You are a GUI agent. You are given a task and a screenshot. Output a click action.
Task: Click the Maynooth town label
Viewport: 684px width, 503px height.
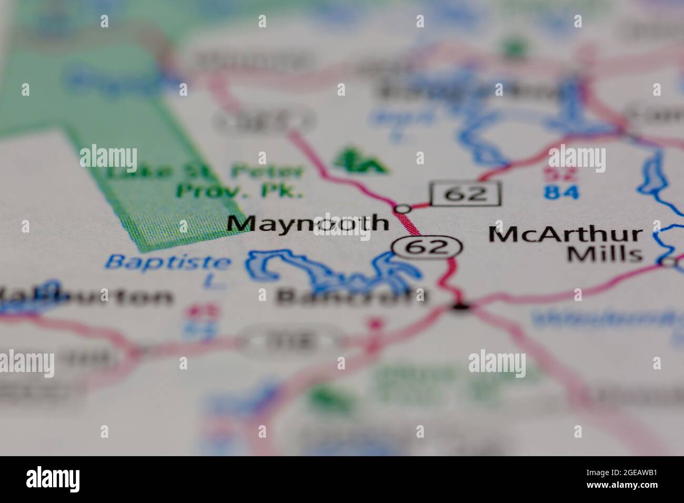(x=308, y=224)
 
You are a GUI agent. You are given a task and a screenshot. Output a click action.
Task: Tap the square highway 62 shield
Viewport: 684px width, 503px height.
(x=466, y=194)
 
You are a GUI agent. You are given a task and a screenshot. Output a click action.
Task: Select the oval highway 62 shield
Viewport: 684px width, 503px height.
(x=427, y=246)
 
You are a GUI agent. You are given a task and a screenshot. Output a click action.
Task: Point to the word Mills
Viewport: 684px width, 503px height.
(x=606, y=254)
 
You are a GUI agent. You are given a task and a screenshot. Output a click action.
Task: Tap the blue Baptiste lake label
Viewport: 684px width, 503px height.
(x=168, y=261)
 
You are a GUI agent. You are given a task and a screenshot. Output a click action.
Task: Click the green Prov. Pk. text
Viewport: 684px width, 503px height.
(x=239, y=190)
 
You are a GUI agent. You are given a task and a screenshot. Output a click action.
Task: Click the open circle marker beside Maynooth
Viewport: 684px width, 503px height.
(x=403, y=209)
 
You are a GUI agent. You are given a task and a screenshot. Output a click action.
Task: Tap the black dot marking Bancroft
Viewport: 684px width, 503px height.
(x=461, y=306)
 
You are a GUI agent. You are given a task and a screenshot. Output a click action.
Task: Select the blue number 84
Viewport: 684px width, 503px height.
(x=561, y=192)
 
